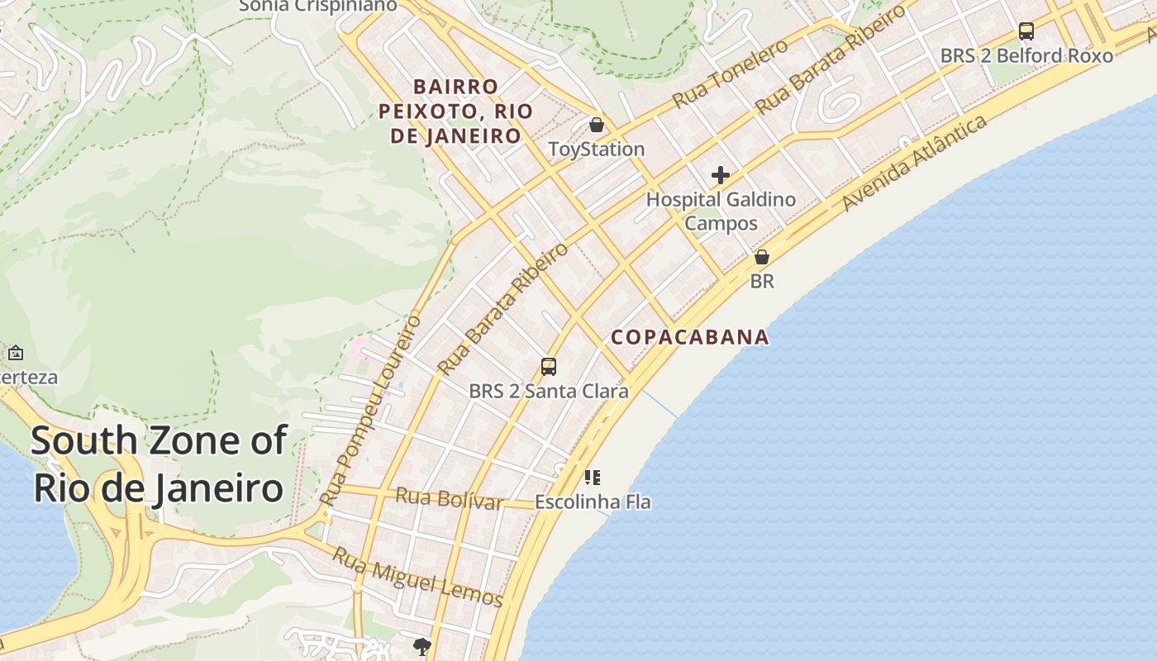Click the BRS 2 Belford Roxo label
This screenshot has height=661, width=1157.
click(1026, 55)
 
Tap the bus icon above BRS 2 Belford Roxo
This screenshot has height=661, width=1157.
click(1026, 31)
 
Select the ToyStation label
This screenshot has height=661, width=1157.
click(597, 149)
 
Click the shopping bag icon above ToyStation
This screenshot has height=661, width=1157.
click(597, 125)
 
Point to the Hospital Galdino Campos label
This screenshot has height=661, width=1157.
click(721, 211)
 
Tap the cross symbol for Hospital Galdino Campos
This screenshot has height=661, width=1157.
click(721, 175)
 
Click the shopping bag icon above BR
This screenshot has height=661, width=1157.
click(762, 257)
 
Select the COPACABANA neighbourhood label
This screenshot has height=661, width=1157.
click(690, 337)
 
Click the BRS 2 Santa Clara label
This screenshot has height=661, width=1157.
click(549, 391)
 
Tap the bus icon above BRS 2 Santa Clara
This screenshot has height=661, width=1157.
click(549, 367)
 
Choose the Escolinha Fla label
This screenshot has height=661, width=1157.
click(593, 502)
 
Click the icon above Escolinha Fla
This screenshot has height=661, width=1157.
click(592, 478)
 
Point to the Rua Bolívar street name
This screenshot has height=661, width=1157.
click(450, 498)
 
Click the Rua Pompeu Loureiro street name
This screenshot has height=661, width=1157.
click(371, 410)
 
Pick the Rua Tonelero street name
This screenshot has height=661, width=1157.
click(730, 74)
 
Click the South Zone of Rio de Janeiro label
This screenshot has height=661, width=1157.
click(159, 464)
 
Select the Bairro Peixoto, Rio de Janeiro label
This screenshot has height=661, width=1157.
click(456, 111)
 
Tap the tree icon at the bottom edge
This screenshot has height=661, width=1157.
click(422, 646)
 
